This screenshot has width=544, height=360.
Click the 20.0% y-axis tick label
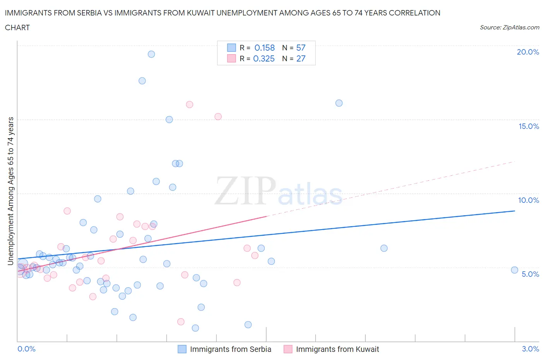click(528, 52)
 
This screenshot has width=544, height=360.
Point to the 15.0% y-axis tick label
click(529, 126)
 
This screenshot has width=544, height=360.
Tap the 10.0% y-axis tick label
click(529, 200)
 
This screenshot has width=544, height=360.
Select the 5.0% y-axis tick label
click(530, 274)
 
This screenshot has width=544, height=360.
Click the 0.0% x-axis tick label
click(26, 349)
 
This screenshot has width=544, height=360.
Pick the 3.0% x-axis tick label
click(530, 349)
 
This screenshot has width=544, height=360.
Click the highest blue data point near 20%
click(151, 54)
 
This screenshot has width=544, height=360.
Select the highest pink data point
click(190, 105)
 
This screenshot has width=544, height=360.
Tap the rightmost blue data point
click(515, 270)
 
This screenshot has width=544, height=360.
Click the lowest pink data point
click(181, 322)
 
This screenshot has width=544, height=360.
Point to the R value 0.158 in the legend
click(265, 48)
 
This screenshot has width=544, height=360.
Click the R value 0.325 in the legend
click(264, 58)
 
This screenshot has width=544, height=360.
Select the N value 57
click(301, 48)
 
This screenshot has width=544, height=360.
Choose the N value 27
click(301, 58)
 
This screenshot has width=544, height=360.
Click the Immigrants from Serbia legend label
click(231, 349)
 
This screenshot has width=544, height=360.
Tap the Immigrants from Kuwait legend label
click(337, 349)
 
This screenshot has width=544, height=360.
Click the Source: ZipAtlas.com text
click(509, 27)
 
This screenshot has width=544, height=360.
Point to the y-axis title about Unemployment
click(10, 191)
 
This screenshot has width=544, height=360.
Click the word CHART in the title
click(17, 27)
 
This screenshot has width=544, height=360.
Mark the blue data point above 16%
click(339, 103)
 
